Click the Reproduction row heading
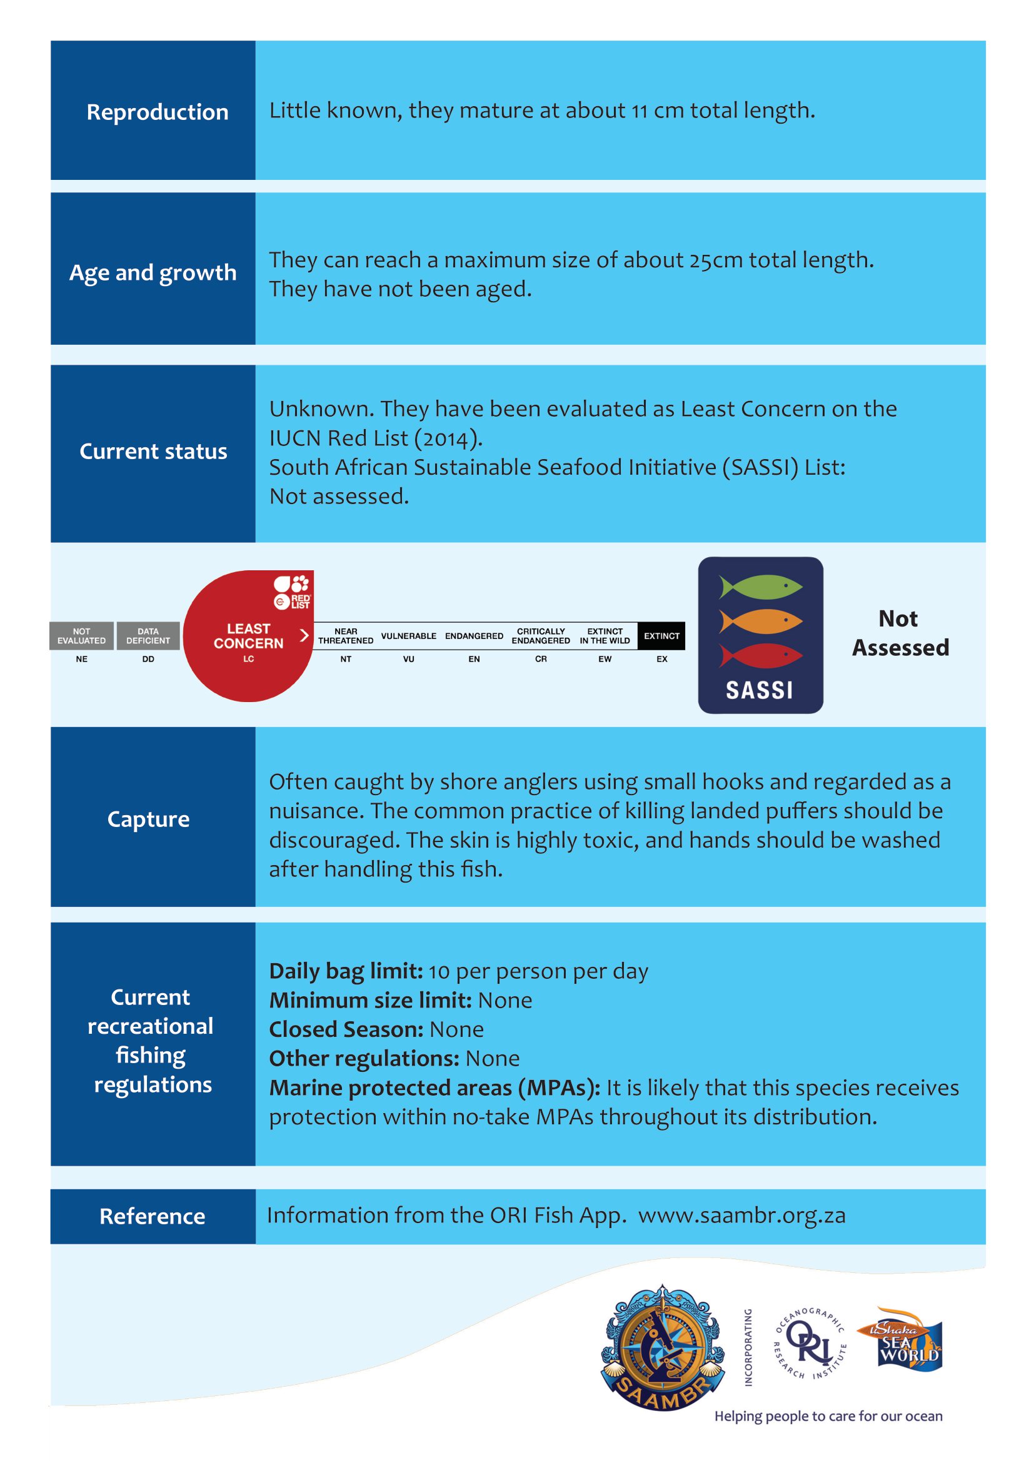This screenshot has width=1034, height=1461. pos(158,112)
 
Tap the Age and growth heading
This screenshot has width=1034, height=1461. pos(153,273)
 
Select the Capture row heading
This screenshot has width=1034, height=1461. pos(148,820)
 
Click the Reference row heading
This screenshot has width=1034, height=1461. pos(152,1216)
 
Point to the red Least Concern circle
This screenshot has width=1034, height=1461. pos(248,636)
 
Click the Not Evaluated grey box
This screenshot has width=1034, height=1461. pos(81,636)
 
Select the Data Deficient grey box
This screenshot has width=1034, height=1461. pos(148,636)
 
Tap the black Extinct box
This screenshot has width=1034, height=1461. pos(661,636)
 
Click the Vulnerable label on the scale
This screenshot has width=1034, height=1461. pos(409,636)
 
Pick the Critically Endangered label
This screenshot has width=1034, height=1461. pos(541,636)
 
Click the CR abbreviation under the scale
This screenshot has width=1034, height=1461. pos(541,659)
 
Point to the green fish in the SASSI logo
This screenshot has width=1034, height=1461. pos(760,586)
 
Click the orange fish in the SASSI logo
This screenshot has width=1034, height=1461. pos(760,620)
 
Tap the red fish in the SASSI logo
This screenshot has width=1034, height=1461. pos(760,655)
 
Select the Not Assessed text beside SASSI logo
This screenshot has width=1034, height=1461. pos(900,633)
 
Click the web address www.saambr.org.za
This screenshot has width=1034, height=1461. pos(742,1216)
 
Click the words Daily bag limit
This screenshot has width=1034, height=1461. pos(346,971)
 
